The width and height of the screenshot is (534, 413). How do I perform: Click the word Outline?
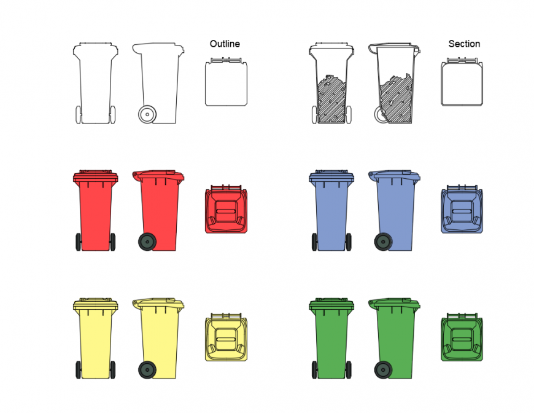pyautogui.click(x=225, y=44)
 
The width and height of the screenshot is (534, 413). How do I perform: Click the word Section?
pyautogui.click(x=464, y=44)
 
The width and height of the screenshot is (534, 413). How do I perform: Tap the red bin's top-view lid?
pyautogui.click(x=226, y=211)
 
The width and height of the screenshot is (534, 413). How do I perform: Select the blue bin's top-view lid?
pyautogui.click(x=462, y=211)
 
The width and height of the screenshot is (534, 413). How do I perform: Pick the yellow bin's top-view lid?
pyautogui.click(x=226, y=338)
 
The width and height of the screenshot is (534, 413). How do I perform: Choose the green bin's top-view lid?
pyautogui.click(x=462, y=338)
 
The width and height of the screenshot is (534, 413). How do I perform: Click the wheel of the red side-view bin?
pyautogui.click(x=147, y=242)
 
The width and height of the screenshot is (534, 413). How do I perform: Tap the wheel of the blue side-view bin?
pyautogui.click(x=383, y=242)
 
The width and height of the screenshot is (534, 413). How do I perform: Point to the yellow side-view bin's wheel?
pyautogui.click(x=147, y=369)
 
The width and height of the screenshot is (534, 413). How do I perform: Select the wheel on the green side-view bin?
pyautogui.click(x=383, y=369)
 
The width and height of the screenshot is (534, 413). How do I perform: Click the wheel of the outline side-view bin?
pyautogui.click(x=147, y=114)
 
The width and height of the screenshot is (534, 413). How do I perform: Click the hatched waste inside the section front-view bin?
pyautogui.click(x=331, y=101)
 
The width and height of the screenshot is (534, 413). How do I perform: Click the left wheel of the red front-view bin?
pyautogui.click(x=78, y=242)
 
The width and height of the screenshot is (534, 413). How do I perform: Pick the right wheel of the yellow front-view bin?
pyautogui.click(x=113, y=369)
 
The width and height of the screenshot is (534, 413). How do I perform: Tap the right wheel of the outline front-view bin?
pyautogui.click(x=113, y=114)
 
